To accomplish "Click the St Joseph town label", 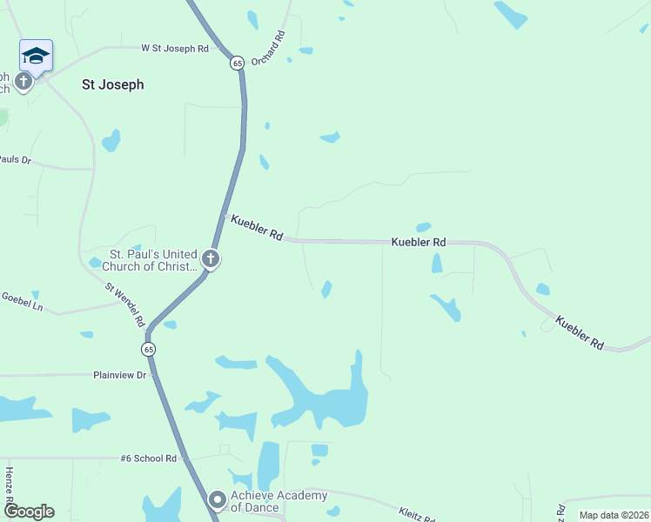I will (x=112, y=85).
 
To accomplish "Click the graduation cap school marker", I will (x=36, y=56).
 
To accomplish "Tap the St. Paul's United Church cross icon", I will (x=210, y=258).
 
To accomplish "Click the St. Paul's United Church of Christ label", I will (x=153, y=260).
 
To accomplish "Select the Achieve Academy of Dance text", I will (x=279, y=501).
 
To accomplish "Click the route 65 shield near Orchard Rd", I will (x=237, y=63).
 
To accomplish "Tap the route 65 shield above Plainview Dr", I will (x=149, y=349).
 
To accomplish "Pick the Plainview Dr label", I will (x=121, y=375).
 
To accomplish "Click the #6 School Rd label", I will (x=149, y=458).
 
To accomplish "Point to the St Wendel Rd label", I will (x=125, y=304).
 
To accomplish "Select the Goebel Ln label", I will (x=22, y=301).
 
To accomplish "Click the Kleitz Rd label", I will (x=417, y=515).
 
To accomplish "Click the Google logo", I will (x=29, y=512).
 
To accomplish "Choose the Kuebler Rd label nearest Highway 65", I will (x=257, y=228).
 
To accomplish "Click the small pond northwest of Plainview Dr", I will (x=86, y=334).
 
